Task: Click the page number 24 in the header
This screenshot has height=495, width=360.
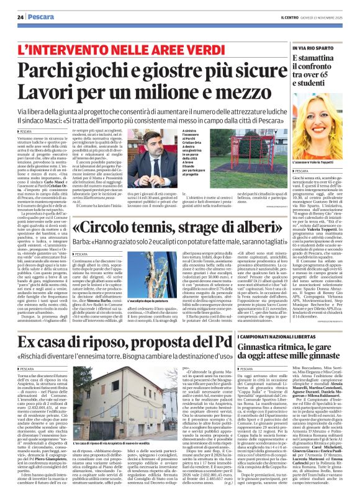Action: coord(21,16)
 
